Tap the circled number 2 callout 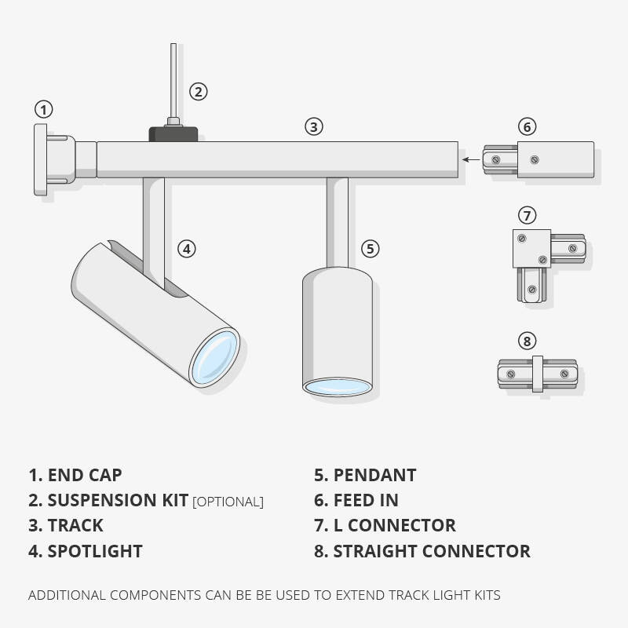199,92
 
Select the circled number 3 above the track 314,126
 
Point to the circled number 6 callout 528,126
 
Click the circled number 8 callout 528,341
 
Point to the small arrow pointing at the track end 471,159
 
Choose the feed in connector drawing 539,159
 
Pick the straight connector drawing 537,374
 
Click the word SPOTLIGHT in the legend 95,551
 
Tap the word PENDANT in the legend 374,475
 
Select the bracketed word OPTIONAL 228,502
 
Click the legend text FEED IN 366,500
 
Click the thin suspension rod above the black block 172,78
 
